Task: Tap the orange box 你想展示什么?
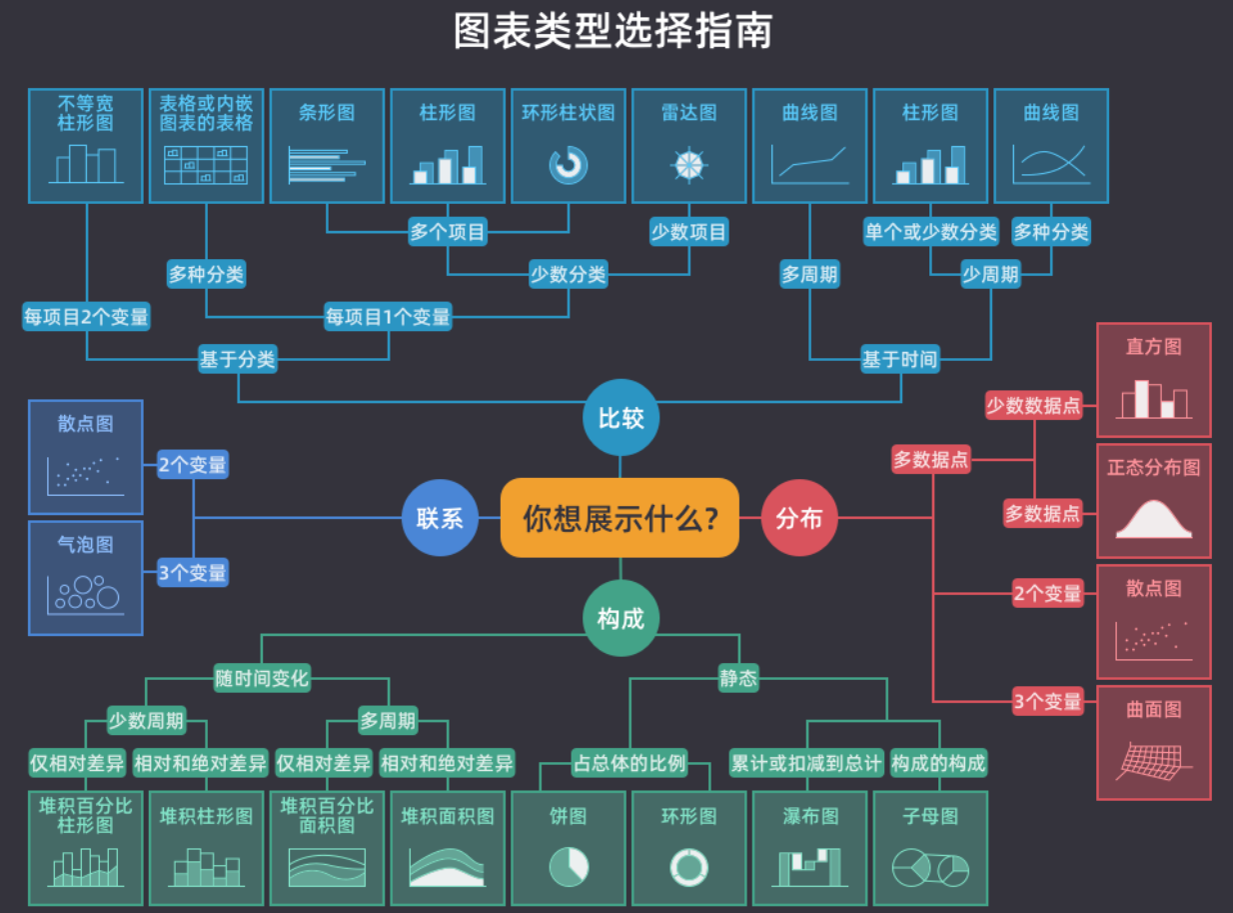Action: (619, 518)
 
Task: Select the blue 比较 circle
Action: (620, 417)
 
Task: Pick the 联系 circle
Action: (440, 518)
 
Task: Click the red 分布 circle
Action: (799, 518)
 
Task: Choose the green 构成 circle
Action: (620, 619)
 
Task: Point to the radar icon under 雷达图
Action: (688, 165)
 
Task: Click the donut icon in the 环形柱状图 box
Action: (569, 165)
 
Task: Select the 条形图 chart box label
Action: (327, 113)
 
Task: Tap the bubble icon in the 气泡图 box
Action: (86, 594)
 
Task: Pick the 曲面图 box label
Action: (1154, 709)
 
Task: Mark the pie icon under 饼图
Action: (569, 866)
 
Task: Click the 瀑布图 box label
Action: (810, 816)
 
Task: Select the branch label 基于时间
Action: (899, 359)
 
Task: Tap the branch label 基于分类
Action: (238, 359)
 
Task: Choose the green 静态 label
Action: (738, 678)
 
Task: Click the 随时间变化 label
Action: (262, 678)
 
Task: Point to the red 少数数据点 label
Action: (1033, 405)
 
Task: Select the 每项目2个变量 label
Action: (86, 317)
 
